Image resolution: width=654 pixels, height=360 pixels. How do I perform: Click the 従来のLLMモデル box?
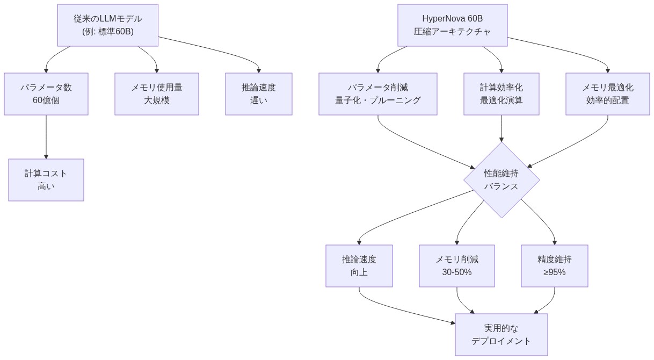pyautogui.click(x=108, y=25)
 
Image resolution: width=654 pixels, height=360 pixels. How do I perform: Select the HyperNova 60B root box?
pyautogui.click(x=452, y=25)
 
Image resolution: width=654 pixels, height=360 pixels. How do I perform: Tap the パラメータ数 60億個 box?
pyautogui.click(x=46, y=94)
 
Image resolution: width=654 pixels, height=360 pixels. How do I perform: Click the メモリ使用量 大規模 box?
pyautogui.click(x=157, y=94)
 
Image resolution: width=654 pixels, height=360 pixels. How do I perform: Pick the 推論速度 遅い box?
pyautogui.click(x=259, y=94)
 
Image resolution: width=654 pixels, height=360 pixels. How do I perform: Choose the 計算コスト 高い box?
pyautogui.click(x=46, y=180)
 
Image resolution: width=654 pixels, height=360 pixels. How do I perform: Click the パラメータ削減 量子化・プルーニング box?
pyautogui.click(x=377, y=94)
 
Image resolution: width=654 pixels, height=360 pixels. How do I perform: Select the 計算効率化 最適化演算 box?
pyautogui.click(x=501, y=94)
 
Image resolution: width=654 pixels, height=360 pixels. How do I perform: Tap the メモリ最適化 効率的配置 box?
pyautogui.click(x=607, y=94)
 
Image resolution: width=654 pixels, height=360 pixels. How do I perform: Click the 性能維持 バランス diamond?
pyautogui.click(x=501, y=180)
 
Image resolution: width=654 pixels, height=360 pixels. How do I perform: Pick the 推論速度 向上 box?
pyautogui.click(x=359, y=266)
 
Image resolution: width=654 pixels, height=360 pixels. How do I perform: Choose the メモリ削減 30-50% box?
pyautogui.click(x=456, y=266)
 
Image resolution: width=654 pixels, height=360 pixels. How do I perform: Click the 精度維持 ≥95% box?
pyautogui.click(x=554, y=266)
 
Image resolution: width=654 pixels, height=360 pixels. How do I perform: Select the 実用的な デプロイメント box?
pyautogui.click(x=501, y=335)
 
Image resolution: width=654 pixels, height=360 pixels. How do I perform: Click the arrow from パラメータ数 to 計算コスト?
pyautogui.click(x=46, y=137)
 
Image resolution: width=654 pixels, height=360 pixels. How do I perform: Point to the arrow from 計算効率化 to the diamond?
pyautogui.click(x=501, y=129)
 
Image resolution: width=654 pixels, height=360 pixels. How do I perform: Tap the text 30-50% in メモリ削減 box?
pyautogui.click(x=456, y=272)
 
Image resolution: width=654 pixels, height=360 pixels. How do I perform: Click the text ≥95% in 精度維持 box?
pyautogui.click(x=554, y=272)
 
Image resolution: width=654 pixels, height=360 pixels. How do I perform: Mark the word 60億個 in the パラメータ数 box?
pyautogui.click(x=46, y=100)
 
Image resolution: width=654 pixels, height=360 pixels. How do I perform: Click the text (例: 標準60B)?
pyautogui.click(x=108, y=32)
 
